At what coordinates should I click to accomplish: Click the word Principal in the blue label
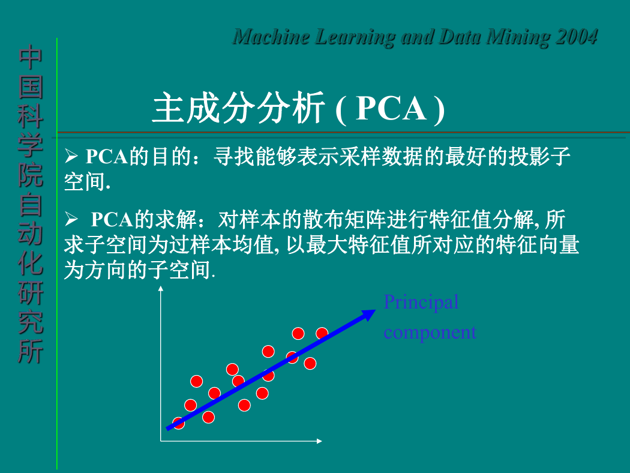coord(421,302)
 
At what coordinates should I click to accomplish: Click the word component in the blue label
coord(430,333)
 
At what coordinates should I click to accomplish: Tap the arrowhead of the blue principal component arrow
coord(369,315)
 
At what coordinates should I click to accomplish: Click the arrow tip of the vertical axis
coord(161,287)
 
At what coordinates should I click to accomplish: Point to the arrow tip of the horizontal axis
coord(320,441)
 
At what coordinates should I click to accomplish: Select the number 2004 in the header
coord(577,37)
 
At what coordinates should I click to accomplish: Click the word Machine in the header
coord(271,37)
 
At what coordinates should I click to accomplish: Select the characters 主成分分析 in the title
coord(238,107)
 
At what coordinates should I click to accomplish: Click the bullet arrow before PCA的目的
coord(71,156)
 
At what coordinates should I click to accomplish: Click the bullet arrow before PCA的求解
coord(71,219)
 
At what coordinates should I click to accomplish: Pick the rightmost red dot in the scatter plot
coord(322,333)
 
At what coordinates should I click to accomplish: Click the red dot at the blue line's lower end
coord(178,423)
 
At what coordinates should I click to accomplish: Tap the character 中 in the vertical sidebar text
coord(30,58)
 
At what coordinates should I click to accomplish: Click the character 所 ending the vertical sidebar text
coord(30,351)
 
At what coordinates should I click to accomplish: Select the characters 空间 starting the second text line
coord(85,182)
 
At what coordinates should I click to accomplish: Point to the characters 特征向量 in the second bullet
coord(538,245)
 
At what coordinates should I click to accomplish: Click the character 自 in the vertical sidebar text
coord(30,204)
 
